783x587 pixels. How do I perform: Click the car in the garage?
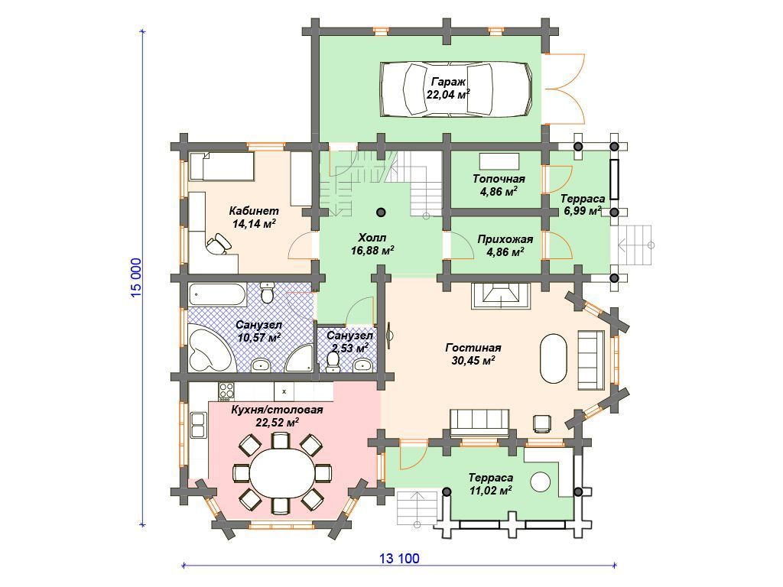[x=456, y=89]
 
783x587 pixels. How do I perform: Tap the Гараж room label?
[x=448, y=81]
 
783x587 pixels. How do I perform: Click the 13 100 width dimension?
[x=399, y=558]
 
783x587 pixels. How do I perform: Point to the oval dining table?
[x=283, y=472]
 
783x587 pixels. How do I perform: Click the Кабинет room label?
[x=254, y=211]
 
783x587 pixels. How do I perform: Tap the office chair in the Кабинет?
[x=219, y=244]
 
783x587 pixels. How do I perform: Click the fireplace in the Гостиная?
[x=500, y=296]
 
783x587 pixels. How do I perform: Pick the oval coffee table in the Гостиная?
[x=554, y=358]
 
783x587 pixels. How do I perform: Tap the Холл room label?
[x=372, y=237]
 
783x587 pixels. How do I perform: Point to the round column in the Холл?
[x=381, y=212]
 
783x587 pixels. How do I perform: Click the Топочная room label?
[x=499, y=179]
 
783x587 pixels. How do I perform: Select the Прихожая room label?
[x=505, y=239]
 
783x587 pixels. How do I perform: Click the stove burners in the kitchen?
[x=226, y=391]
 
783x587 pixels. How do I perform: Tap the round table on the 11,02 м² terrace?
[x=541, y=482]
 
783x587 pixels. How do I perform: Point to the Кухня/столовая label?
[x=277, y=410]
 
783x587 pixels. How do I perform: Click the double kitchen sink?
[x=198, y=425]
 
